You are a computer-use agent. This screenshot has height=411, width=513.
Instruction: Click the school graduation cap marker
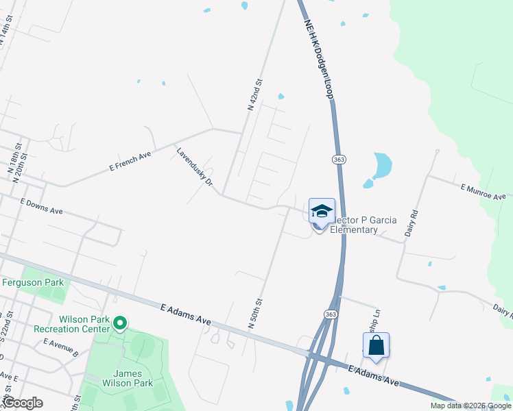point(322,211)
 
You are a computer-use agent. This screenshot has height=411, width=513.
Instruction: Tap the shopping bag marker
point(377,346)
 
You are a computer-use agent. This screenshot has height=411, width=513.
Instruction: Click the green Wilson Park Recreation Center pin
point(120,322)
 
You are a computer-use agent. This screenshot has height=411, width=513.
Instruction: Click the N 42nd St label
point(254,95)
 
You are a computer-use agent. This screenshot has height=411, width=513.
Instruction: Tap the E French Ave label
point(130,162)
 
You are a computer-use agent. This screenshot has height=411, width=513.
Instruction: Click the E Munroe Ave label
point(483,192)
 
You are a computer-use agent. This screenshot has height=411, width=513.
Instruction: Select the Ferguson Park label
point(33,282)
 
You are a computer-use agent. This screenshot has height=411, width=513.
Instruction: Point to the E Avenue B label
point(60,345)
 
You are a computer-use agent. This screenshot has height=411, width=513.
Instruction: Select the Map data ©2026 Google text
point(470,406)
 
